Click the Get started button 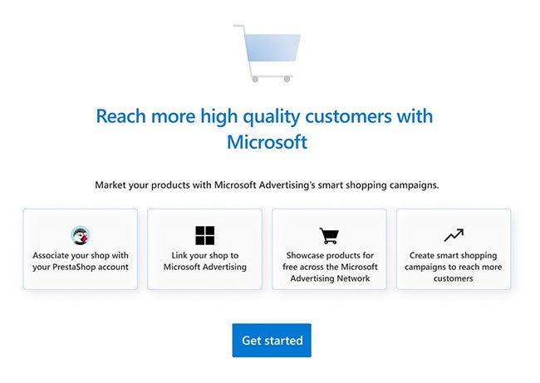272,341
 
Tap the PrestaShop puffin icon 81,235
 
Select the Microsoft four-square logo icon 204,235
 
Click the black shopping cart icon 329,236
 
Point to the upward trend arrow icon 453,235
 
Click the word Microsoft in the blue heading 267,142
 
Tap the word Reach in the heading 120,115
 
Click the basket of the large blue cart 272,49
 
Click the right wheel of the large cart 287,79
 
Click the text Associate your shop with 81,255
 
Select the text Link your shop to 204,255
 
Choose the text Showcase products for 329,255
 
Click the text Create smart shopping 453,255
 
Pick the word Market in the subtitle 111,184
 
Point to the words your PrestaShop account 81,267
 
